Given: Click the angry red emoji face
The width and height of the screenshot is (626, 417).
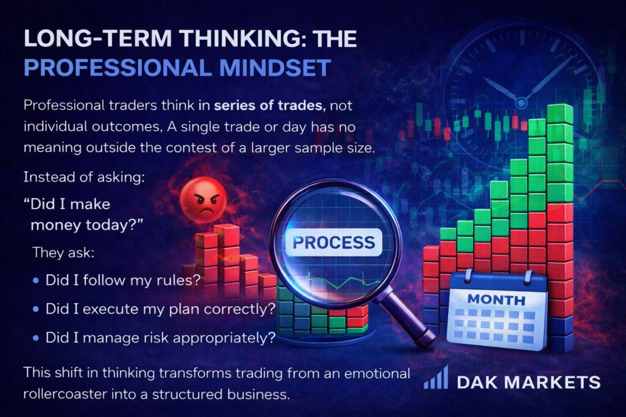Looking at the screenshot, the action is tap(203, 200).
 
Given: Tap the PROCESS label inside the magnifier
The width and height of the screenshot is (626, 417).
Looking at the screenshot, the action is tap(334, 242).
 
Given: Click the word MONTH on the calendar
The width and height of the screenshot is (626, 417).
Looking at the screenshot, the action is tap(496, 299).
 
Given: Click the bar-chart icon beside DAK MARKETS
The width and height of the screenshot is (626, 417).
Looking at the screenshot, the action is tap(436, 377).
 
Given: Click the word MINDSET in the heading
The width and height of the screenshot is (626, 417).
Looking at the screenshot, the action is tap(275, 67).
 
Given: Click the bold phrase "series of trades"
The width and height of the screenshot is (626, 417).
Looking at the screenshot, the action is tap(268, 105).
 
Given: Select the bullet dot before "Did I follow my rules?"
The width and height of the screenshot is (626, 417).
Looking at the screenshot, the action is tap(36, 281).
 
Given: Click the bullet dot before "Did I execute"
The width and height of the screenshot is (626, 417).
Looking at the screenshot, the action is tap(36, 310).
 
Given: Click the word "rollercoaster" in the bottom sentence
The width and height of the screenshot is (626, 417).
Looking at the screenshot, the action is tap(65, 394).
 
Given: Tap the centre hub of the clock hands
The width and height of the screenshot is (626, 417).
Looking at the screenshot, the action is tap(521, 103).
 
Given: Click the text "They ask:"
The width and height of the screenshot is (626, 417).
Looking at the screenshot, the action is tap(63, 252).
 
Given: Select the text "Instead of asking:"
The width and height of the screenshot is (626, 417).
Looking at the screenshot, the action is tap(84, 177).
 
